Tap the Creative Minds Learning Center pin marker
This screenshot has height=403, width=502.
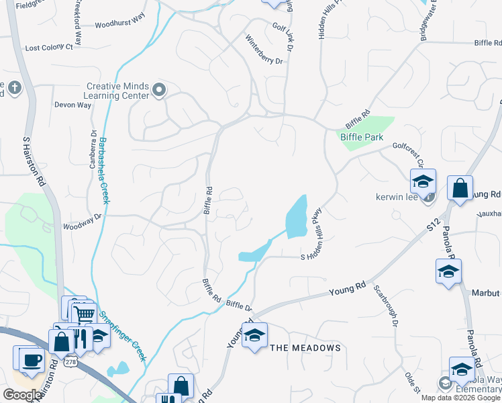tap(159, 89)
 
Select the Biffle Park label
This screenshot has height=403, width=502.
tap(362, 137)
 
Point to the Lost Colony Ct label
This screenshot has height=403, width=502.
tap(48, 48)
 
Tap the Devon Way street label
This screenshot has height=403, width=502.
tap(72, 105)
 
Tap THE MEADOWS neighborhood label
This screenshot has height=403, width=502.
tap(305, 348)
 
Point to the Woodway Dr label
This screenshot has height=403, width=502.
tap(82, 216)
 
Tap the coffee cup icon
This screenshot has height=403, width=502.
tap(30, 359)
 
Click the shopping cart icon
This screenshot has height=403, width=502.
tap(84, 313)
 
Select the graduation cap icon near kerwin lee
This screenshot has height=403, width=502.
tap(423, 181)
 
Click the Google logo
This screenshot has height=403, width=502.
tap(22, 395)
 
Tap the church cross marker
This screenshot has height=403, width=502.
tap(13, 88)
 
